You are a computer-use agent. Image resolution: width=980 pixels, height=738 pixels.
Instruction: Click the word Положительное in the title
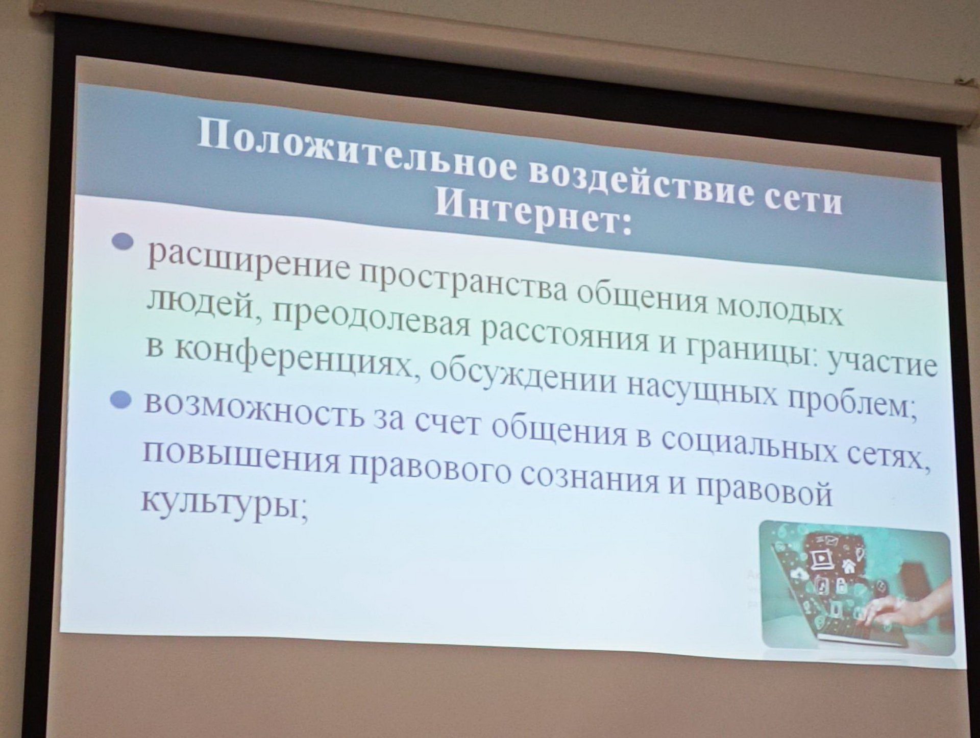[x=355, y=150]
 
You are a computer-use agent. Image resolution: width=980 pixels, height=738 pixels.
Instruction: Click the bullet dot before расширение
[x=122, y=241]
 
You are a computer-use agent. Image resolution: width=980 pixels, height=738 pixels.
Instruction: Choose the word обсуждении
[x=523, y=377]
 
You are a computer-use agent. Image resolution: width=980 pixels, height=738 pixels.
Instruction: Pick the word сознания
[x=590, y=478]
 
